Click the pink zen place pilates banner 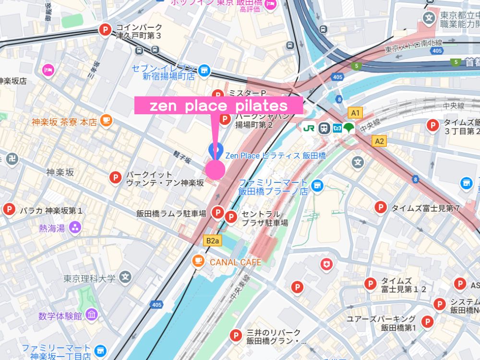(218, 106)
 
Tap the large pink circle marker (215, 169)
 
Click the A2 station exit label (379, 141)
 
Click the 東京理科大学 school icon (126, 277)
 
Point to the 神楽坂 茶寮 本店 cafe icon (106, 121)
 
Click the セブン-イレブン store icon (205, 71)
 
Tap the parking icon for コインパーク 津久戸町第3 (104, 30)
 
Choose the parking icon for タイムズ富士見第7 (381, 207)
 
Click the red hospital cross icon (327, 264)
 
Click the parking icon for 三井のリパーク (236, 336)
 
